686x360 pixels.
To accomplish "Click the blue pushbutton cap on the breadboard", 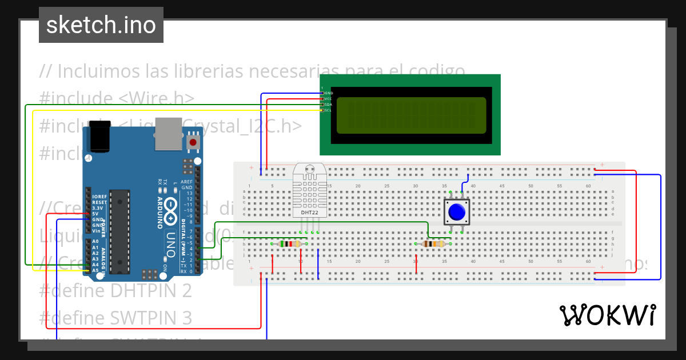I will (457, 212).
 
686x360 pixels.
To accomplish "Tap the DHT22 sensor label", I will (309, 213).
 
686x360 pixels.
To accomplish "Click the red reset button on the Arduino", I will (193, 142).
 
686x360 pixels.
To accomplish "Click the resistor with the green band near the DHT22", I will (289, 244).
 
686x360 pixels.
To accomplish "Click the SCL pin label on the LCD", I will (328, 110).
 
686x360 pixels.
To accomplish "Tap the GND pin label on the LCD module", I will (329, 93).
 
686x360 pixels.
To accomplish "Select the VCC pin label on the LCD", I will (328, 98).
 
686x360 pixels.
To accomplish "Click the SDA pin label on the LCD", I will (328, 105).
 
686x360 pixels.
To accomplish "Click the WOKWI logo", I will (607, 315).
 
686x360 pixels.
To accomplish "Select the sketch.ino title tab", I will (101, 25).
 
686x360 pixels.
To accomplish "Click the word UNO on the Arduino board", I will (170, 244).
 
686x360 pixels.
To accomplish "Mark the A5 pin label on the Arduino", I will (95, 270).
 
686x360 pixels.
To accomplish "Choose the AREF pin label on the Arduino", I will (186, 182).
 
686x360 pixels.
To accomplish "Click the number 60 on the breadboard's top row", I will (588, 186).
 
